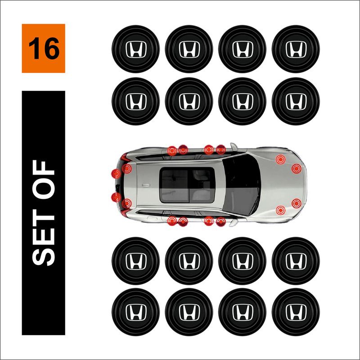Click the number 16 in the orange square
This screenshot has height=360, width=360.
(44, 49)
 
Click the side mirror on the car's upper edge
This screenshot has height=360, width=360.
(234, 147)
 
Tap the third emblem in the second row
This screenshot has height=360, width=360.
(242, 101)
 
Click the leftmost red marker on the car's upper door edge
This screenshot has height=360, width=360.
(172, 150)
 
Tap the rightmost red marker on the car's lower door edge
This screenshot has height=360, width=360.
(220, 221)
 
